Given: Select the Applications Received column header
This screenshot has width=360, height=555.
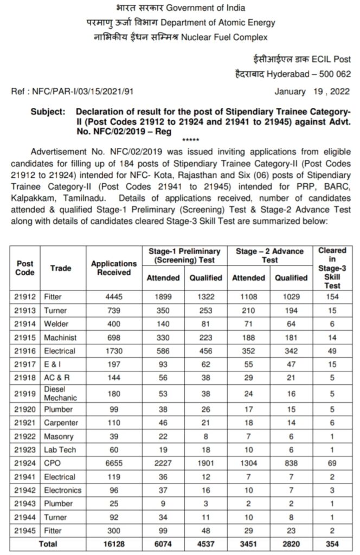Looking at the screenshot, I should pyautogui.click(x=114, y=268).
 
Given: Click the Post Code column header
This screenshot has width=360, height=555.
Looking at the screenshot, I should pyautogui.click(x=25, y=268).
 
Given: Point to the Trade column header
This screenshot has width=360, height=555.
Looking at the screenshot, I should pyautogui.click(x=61, y=268).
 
